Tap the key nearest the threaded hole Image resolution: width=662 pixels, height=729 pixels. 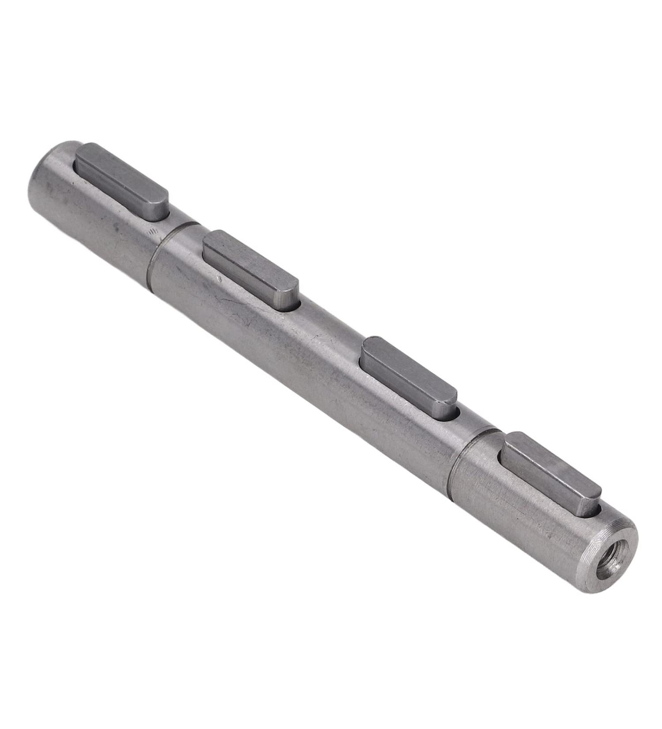(549, 473)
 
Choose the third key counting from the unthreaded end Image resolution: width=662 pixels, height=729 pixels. (408, 376)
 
